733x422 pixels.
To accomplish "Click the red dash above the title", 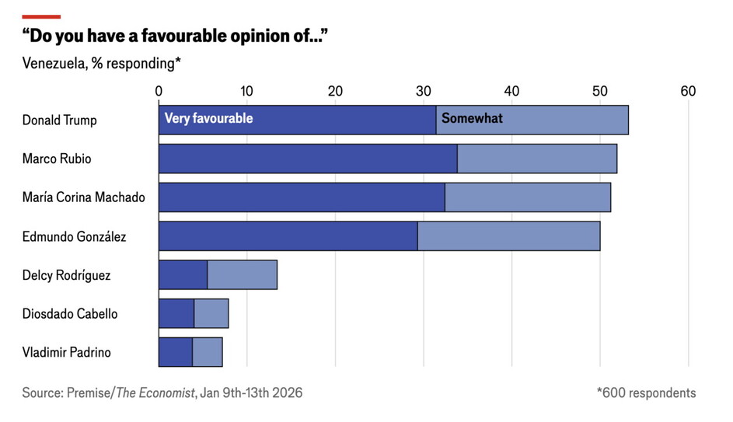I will tap(41, 16).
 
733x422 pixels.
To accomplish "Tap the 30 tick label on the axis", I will tap(424, 91).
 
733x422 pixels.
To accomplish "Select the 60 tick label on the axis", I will tap(688, 91).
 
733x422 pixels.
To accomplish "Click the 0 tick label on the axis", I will tap(159, 91).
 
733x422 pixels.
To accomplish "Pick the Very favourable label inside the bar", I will tap(208, 119).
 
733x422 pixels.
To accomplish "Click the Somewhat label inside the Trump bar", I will tap(472, 119).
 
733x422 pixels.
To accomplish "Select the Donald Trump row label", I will tap(59, 120).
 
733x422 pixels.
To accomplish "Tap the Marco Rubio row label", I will tap(57, 159).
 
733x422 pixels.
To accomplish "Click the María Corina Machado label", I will tap(83, 197).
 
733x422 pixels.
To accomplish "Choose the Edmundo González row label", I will tap(74, 236).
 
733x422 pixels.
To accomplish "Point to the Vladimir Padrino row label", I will tap(66, 352).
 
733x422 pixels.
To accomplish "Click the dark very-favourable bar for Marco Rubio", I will tap(308, 159).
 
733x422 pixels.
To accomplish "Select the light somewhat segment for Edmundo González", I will tap(508, 236).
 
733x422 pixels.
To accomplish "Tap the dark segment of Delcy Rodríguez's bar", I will tap(183, 275).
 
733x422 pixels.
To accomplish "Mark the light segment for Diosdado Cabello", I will tap(211, 313).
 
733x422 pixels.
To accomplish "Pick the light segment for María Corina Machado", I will tap(527, 197).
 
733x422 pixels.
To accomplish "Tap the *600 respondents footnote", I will tap(646, 393).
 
